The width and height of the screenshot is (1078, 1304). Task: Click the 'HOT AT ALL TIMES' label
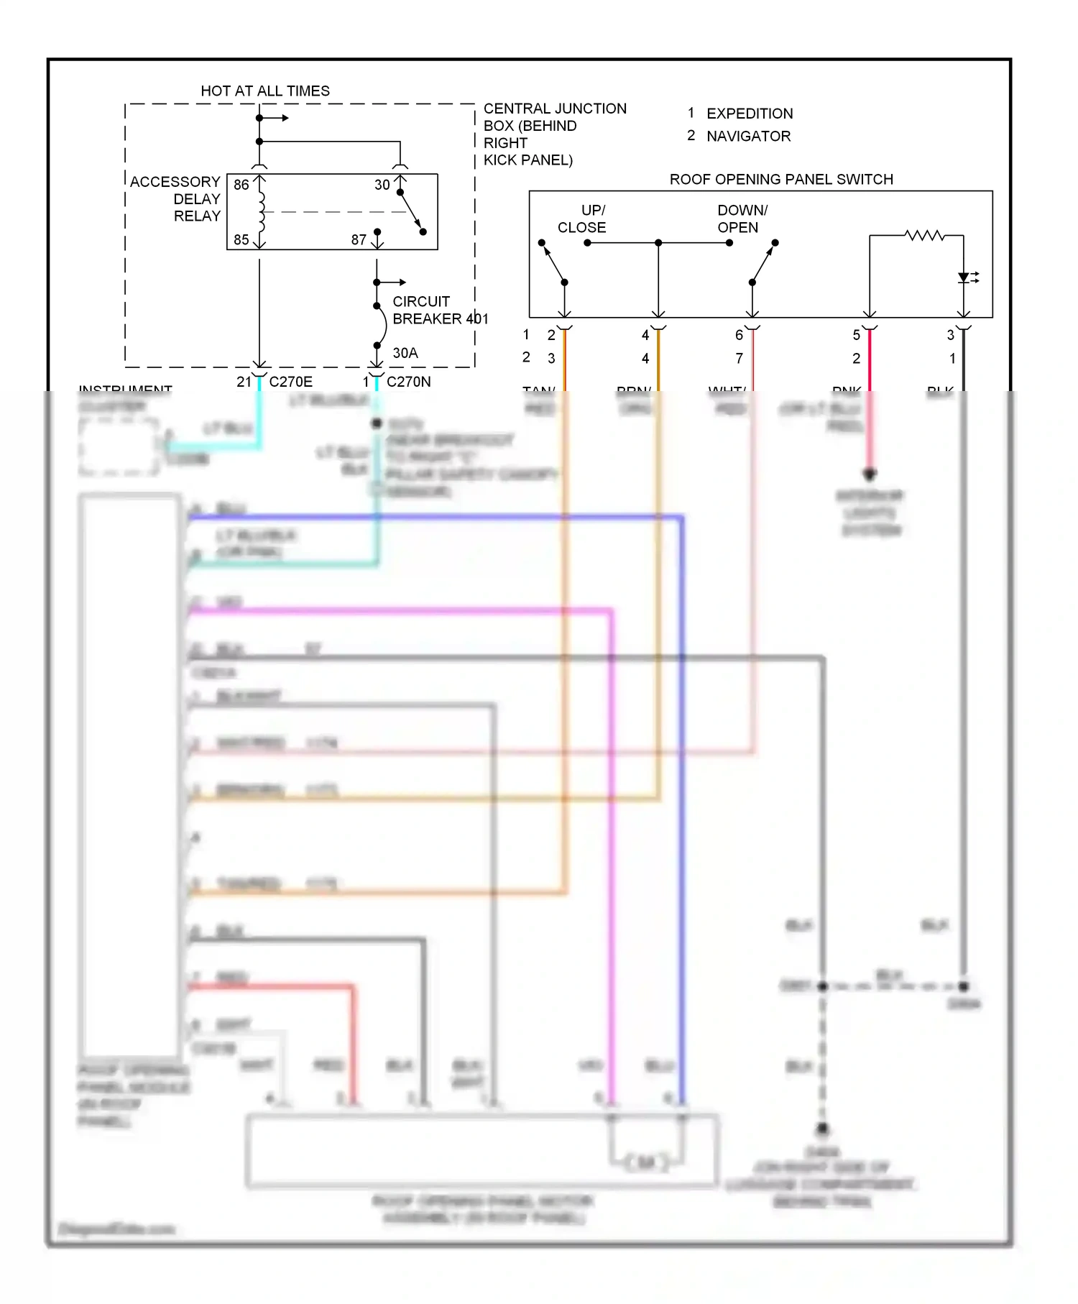point(264,91)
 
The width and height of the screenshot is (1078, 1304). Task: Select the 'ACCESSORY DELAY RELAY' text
point(175,199)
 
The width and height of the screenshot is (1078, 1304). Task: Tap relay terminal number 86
point(241,185)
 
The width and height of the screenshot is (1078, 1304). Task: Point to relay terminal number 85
point(241,239)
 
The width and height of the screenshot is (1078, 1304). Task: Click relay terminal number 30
point(382,185)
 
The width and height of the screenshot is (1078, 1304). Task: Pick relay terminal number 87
point(359,239)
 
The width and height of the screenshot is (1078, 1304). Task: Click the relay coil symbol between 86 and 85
point(261,212)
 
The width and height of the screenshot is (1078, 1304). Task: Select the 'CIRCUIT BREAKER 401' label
point(439,310)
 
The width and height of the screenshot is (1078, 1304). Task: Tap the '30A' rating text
point(405,353)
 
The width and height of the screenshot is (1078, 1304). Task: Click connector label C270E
point(290,382)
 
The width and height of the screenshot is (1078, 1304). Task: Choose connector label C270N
point(408,382)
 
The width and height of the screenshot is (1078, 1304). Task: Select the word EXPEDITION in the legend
point(750,114)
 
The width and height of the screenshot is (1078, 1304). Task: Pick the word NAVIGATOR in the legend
point(748,136)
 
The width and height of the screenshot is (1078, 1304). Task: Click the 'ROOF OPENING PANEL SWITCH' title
point(781,179)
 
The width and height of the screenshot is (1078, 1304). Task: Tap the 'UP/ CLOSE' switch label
point(582,219)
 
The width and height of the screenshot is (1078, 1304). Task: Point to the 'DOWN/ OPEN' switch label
point(742,219)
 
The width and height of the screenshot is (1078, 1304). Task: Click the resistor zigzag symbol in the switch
point(924,235)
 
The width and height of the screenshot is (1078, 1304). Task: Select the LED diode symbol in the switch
point(964,277)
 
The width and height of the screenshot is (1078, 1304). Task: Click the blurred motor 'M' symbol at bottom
point(646,1162)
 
